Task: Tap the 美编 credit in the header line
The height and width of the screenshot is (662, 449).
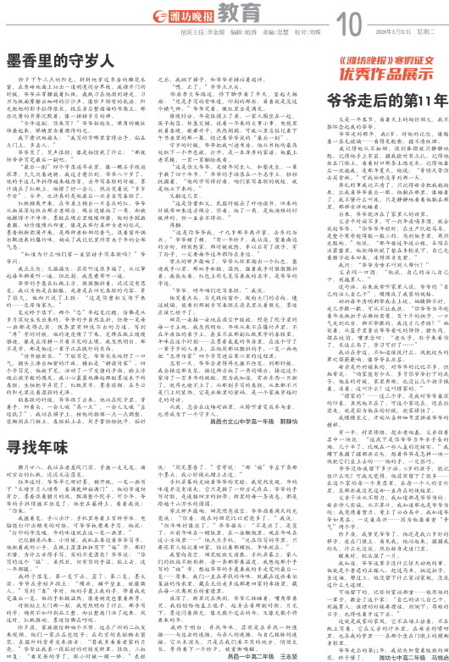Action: (253, 25)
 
